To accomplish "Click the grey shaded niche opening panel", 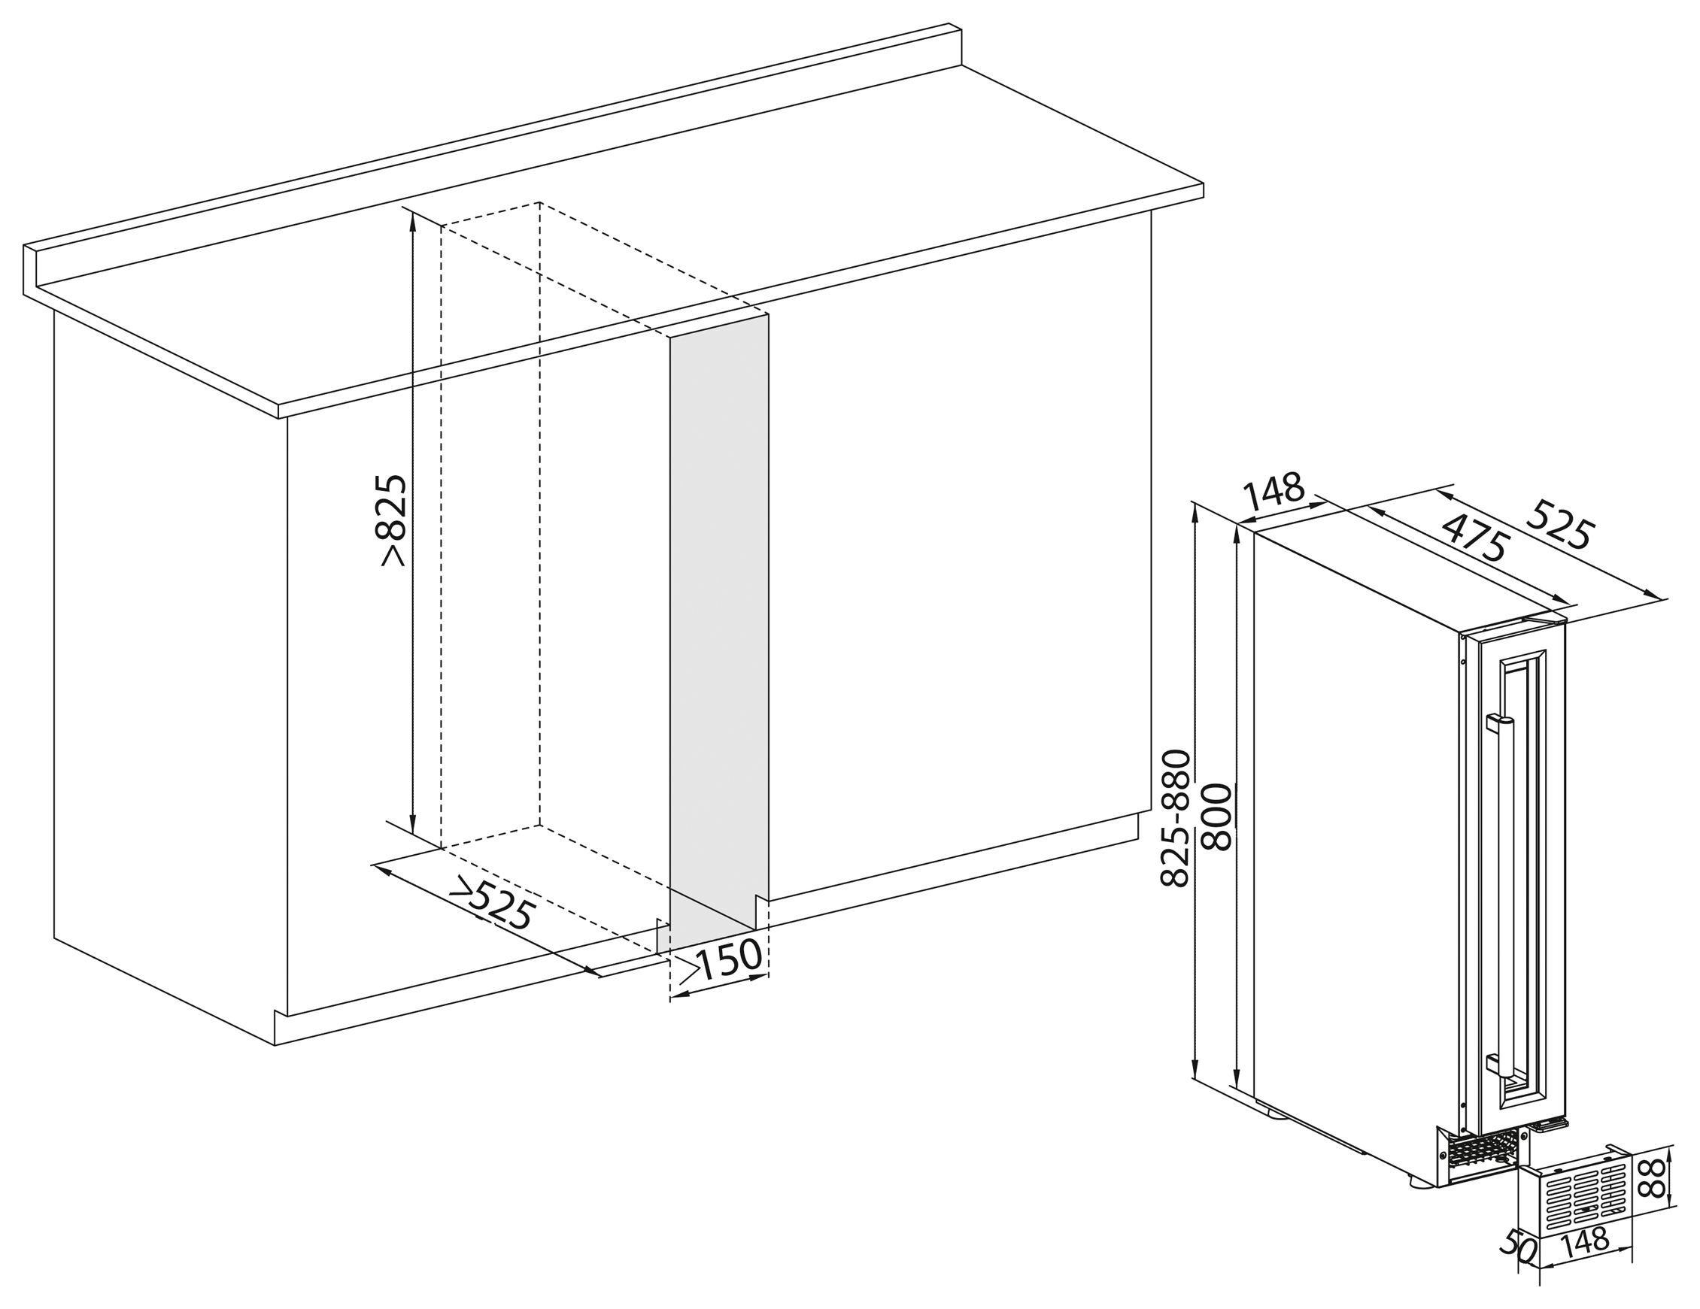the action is [x=719, y=623].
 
